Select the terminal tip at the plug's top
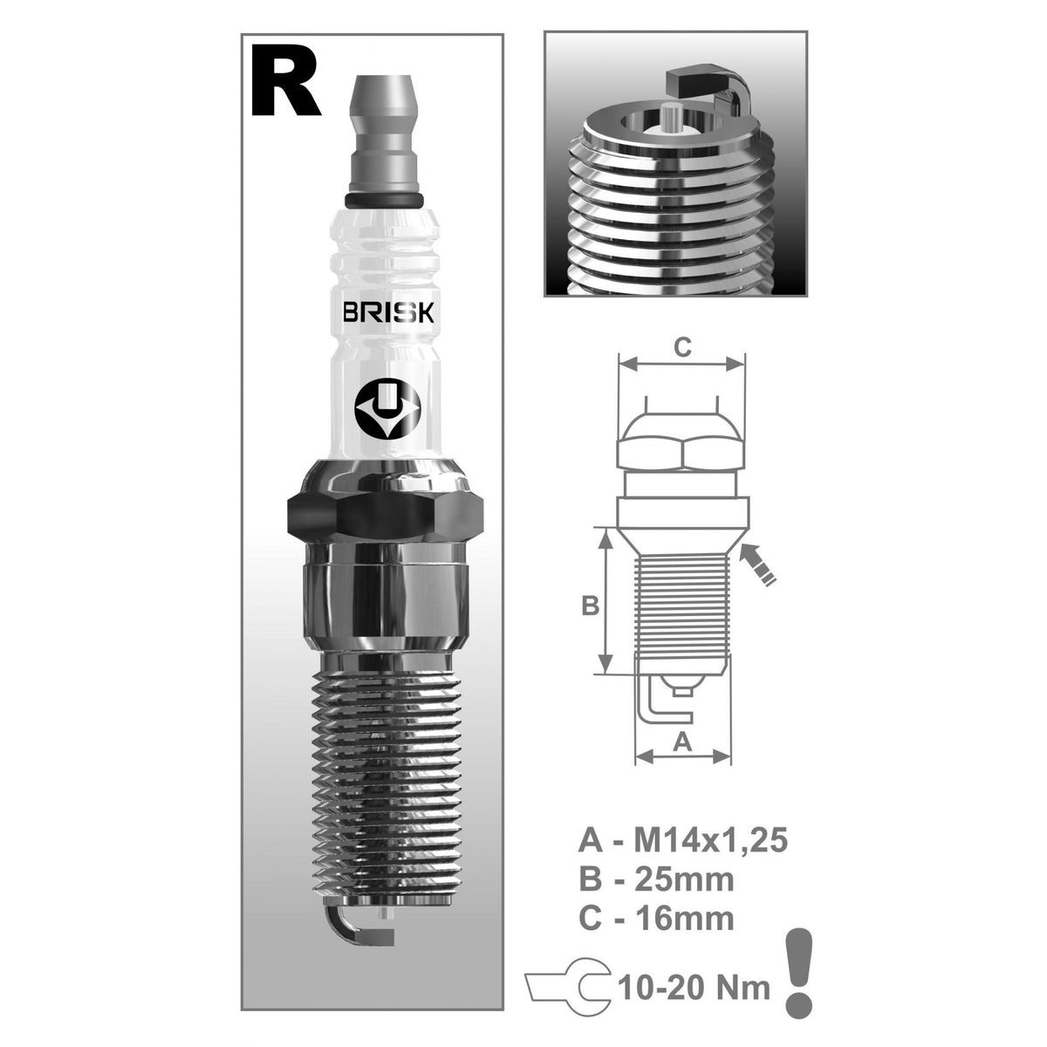[386, 122]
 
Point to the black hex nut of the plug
[385, 515]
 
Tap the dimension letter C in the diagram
[683, 346]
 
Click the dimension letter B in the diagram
[590, 604]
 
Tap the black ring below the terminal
[385, 202]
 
